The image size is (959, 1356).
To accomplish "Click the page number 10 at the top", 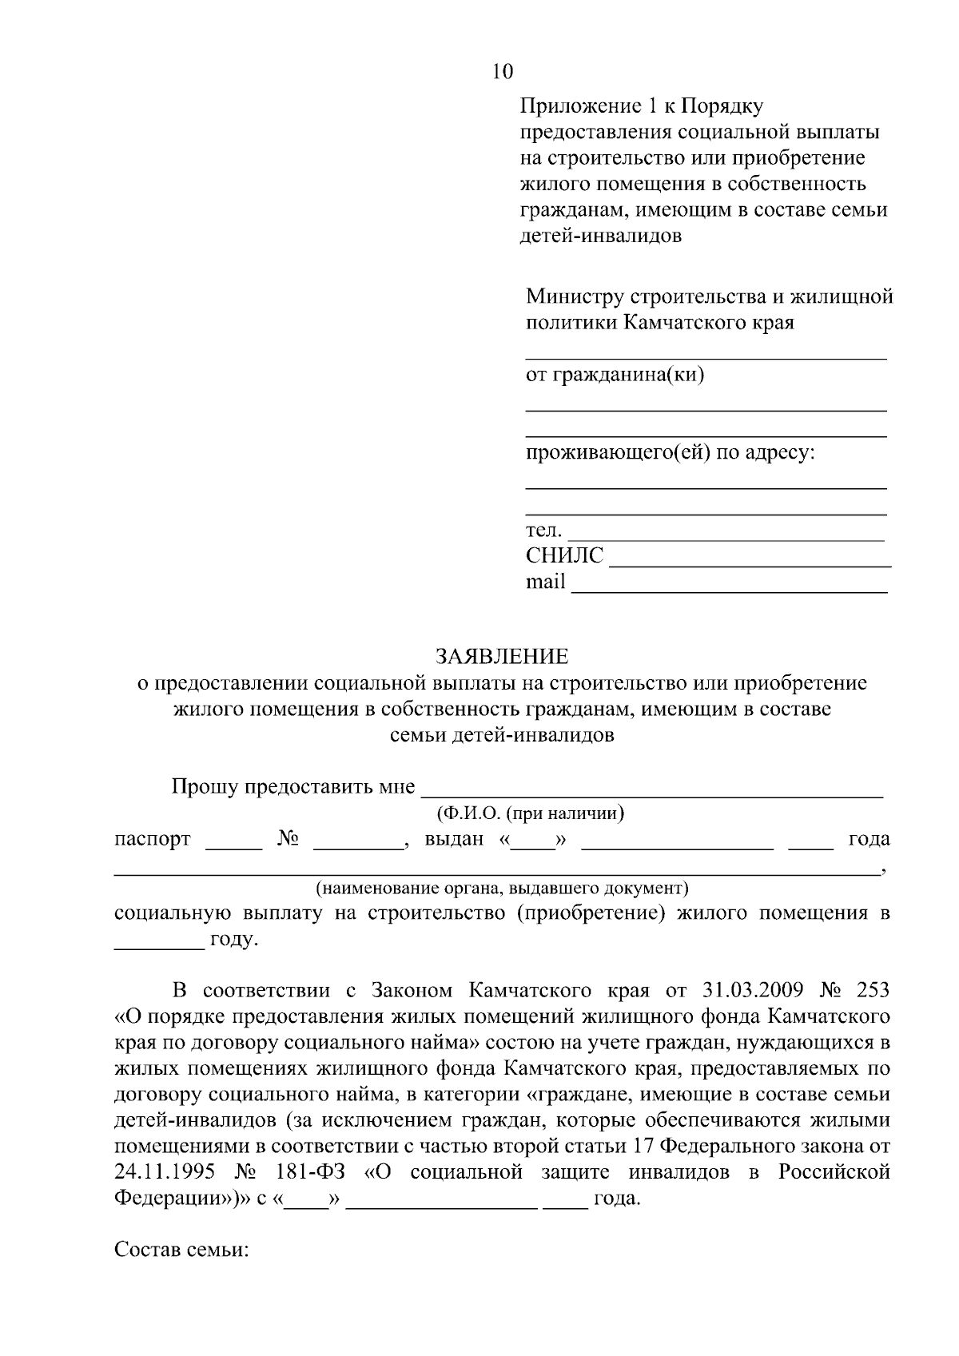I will (x=503, y=71).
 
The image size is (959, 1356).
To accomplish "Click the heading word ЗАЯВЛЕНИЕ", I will (x=502, y=657).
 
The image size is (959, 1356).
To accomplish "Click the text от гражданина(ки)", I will (x=615, y=374).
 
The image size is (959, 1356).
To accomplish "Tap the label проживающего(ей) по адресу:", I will (x=670, y=453).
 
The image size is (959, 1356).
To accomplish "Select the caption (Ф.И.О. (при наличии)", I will (x=529, y=813).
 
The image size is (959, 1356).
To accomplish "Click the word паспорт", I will (x=153, y=839).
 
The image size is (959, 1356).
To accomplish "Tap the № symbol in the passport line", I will (x=288, y=839).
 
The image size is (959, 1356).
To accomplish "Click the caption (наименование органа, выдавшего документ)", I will (x=502, y=888).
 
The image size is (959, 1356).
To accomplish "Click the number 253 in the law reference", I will (x=872, y=991).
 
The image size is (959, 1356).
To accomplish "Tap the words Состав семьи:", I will (x=182, y=1249).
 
